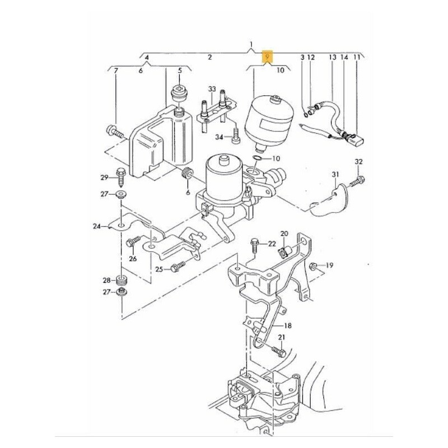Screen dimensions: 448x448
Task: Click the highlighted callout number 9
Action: click(x=268, y=57)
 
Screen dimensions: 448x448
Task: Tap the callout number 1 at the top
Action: click(x=251, y=44)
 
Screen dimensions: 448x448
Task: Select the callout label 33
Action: click(x=212, y=90)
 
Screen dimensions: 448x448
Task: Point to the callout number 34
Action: click(x=219, y=137)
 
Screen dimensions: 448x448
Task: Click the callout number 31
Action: click(x=335, y=175)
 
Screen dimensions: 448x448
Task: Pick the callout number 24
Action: click(x=97, y=227)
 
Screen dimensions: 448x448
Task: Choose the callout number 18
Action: click(x=288, y=325)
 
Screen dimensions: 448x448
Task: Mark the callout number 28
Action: click(x=106, y=279)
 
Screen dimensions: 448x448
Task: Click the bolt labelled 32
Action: click(x=358, y=181)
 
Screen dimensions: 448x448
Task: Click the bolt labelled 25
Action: click(x=178, y=267)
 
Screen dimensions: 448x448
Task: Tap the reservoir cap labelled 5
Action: click(x=180, y=91)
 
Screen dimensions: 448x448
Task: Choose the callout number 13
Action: click(x=332, y=57)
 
